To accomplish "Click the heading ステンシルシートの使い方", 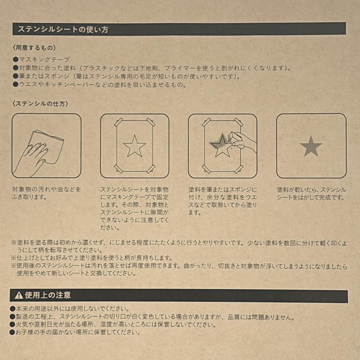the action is [63, 29].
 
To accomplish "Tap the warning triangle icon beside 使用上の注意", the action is [19, 295].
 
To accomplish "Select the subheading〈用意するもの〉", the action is [34, 48].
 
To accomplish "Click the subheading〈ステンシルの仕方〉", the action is [40, 104].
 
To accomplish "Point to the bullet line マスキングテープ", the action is [41, 60].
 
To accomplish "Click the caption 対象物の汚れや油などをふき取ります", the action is [46, 193].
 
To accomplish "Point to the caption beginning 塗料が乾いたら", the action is [311, 194].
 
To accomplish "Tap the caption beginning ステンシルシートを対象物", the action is [135, 208].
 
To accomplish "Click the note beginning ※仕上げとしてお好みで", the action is [92, 258].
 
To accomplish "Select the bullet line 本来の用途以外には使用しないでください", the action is [70, 309].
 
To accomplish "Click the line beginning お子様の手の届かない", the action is [75, 332].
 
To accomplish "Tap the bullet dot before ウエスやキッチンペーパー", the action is [15, 85].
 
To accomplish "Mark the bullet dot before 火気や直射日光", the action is [12, 324].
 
